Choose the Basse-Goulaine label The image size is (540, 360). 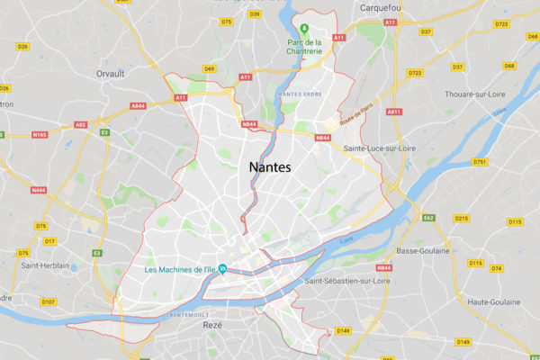pyautogui.click(x=422, y=251)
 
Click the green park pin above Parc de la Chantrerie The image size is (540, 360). pyautogui.click(x=305, y=27)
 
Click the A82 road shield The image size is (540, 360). pyautogui.click(x=81, y=125)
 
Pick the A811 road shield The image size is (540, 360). pyautogui.click(x=393, y=112)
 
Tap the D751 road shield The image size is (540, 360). pyautogui.click(x=479, y=162)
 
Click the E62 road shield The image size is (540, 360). pyautogui.click(x=429, y=217)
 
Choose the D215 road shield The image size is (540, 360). pyautogui.click(x=462, y=219)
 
